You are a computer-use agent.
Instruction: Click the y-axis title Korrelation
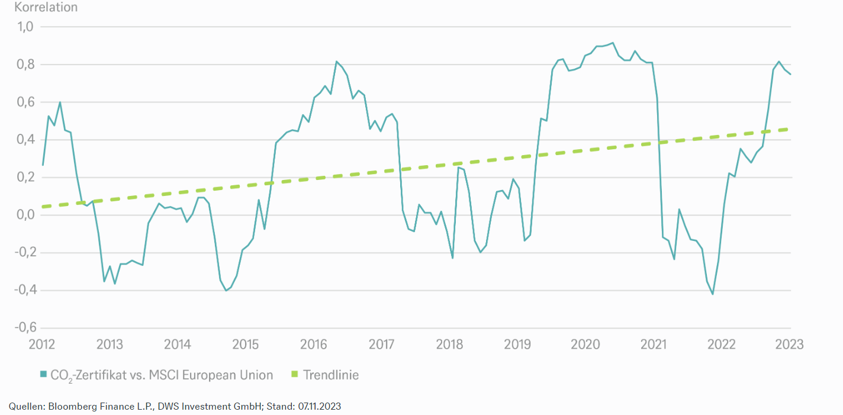click(x=46, y=8)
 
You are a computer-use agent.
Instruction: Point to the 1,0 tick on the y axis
click(x=25, y=27)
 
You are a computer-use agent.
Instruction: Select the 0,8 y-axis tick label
click(x=25, y=65)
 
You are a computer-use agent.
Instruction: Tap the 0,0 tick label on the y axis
click(x=25, y=215)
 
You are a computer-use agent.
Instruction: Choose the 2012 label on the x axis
click(x=42, y=345)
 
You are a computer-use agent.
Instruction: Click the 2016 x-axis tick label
click(x=314, y=345)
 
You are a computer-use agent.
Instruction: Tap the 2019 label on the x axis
click(x=518, y=345)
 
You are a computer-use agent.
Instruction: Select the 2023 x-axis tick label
click(x=789, y=345)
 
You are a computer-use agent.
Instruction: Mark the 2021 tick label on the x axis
click(x=654, y=345)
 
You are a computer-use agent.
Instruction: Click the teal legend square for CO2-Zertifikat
click(x=43, y=375)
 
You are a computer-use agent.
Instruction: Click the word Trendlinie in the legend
click(x=331, y=375)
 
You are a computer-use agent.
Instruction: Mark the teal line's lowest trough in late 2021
click(x=712, y=294)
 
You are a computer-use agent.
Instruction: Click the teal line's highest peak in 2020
click(x=613, y=43)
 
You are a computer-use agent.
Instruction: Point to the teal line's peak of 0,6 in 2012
click(x=60, y=102)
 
